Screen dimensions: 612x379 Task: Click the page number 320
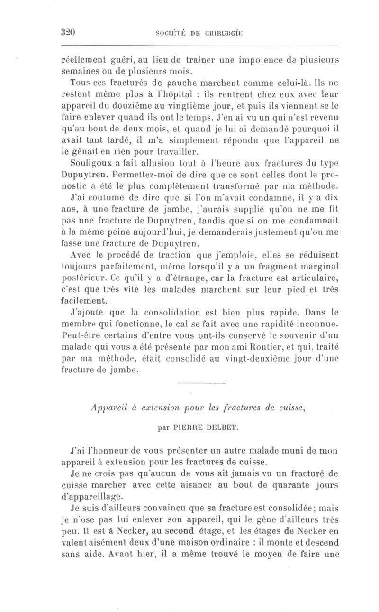[x=69, y=32]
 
